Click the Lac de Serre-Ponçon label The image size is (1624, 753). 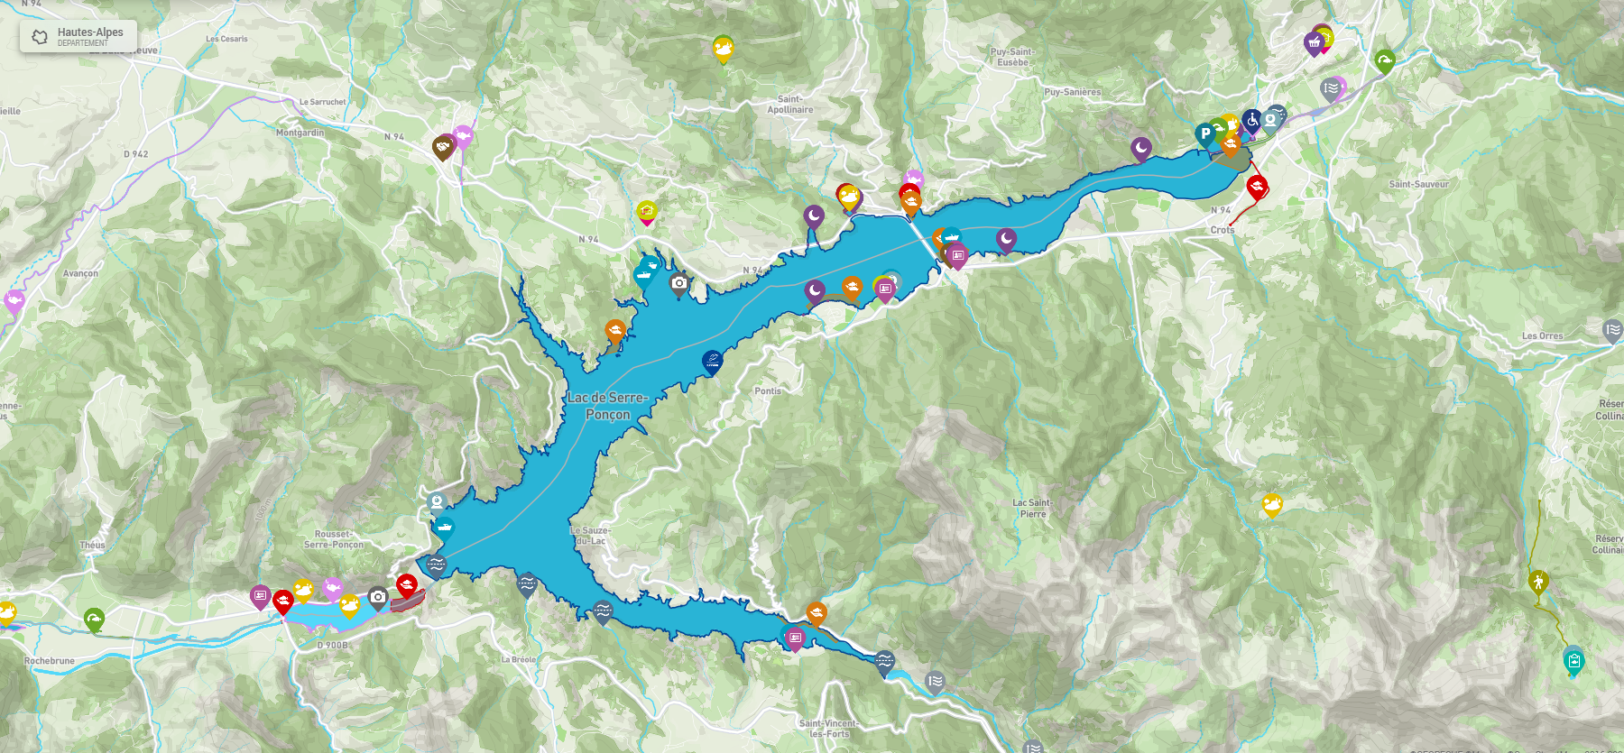click(x=607, y=406)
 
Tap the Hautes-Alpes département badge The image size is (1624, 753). click(x=78, y=36)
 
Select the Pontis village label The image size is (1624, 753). click(x=768, y=390)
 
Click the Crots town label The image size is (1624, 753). click(x=1223, y=230)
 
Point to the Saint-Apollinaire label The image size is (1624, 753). click(x=789, y=105)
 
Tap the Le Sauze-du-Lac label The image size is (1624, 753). click(x=590, y=536)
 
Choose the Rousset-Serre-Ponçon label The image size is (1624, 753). click(x=334, y=539)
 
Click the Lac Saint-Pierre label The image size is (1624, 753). click(x=1033, y=509)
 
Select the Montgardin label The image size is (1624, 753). click(x=300, y=133)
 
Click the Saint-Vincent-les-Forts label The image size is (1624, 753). click(x=828, y=728)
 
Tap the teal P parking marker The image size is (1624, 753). click(x=1204, y=133)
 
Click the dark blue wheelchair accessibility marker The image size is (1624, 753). click(x=1251, y=119)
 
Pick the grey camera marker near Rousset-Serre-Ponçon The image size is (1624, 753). click(x=378, y=596)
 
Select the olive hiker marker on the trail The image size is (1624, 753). click(x=1538, y=581)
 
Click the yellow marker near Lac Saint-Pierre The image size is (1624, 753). click(x=1272, y=503)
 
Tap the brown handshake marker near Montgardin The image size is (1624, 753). click(x=442, y=146)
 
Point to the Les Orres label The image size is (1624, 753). click(x=1542, y=336)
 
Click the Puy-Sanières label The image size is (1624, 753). click(x=1072, y=92)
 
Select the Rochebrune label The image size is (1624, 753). click(x=50, y=661)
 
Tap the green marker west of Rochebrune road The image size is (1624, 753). click(x=94, y=618)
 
